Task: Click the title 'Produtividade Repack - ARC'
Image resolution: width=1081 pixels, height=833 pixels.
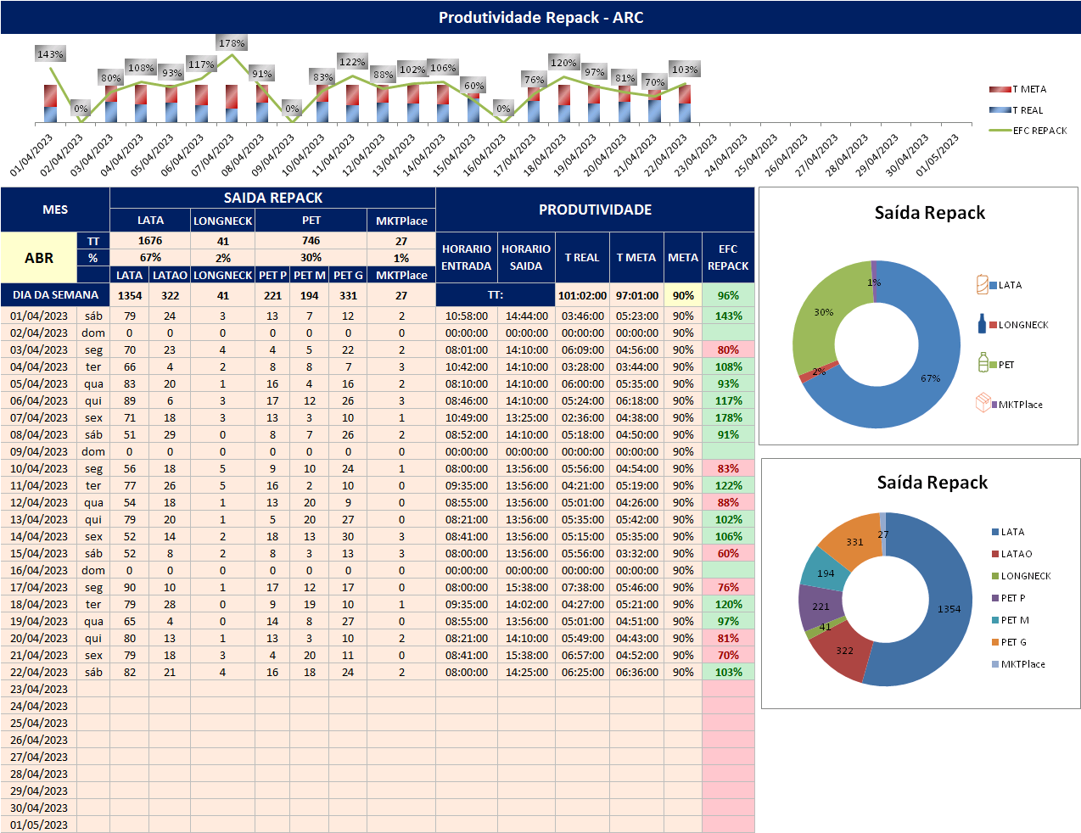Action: (540, 18)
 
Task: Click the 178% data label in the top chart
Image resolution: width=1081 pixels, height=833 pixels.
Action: (232, 43)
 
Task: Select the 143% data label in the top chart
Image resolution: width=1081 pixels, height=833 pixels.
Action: (50, 54)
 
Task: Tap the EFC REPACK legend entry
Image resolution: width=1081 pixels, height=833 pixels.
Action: (1028, 131)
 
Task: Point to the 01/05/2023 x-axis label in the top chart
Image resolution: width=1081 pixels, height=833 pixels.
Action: (938, 154)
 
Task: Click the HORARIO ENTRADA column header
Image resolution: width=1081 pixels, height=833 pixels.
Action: (466, 257)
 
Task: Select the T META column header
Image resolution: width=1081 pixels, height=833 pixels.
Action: (636, 257)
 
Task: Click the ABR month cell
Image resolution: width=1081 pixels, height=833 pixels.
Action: (39, 258)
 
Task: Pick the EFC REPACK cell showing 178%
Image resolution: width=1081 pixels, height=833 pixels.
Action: (728, 417)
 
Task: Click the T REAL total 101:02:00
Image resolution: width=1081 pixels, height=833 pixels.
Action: (582, 296)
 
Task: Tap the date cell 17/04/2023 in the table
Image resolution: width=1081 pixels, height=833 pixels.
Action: (39, 587)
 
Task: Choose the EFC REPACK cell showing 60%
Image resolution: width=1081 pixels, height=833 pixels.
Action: (728, 553)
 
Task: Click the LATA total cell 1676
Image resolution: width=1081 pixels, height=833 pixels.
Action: (150, 241)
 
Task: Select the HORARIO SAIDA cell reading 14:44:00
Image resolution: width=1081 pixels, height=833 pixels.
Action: (527, 316)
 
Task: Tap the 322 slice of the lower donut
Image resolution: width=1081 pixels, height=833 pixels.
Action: (836, 653)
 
